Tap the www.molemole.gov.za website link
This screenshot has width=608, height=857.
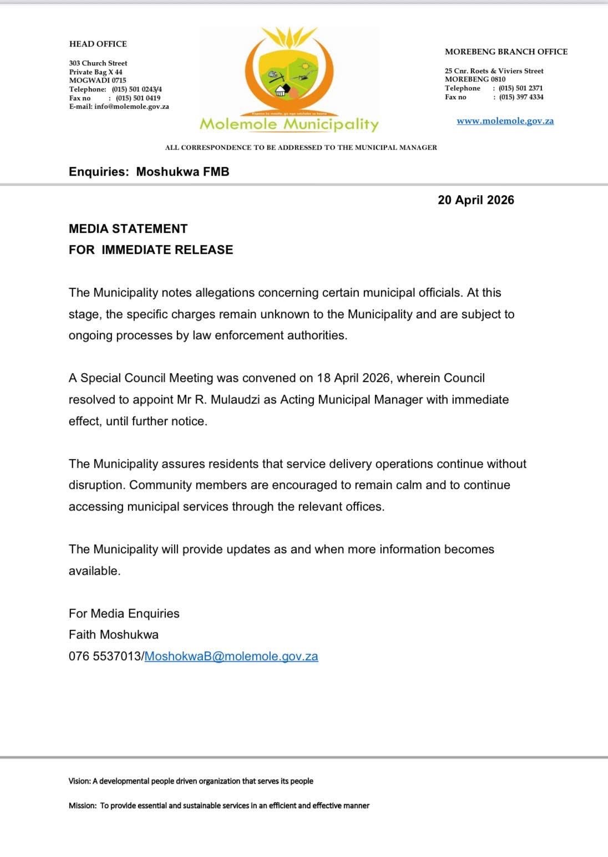click(x=505, y=121)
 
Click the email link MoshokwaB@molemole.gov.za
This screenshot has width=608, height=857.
click(x=231, y=656)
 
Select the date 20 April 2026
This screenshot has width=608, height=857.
click(x=475, y=200)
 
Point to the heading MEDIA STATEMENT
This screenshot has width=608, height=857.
click(x=128, y=228)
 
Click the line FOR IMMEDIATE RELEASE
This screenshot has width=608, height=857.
click(x=151, y=249)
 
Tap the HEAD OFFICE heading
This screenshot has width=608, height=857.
click(x=98, y=44)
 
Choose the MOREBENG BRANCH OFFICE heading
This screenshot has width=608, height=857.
click(x=506, y=52)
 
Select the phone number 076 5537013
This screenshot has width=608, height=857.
click(x=105, y=656)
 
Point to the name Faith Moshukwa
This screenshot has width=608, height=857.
click(x=114, y=635)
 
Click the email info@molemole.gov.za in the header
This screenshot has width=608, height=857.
click(x=131, y=106)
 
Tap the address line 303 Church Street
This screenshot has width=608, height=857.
click(x=98, y=63)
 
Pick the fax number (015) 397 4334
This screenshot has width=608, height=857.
click(x=521, y=97)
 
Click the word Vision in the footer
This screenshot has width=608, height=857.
click(x=79, y=781)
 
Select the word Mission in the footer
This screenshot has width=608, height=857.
click(x=82, y=805)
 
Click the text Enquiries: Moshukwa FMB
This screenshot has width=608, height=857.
click(x=149, y=172)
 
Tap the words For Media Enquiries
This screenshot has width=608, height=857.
click(x=124, y=614)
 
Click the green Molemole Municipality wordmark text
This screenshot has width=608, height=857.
click(x=288, y=125)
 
